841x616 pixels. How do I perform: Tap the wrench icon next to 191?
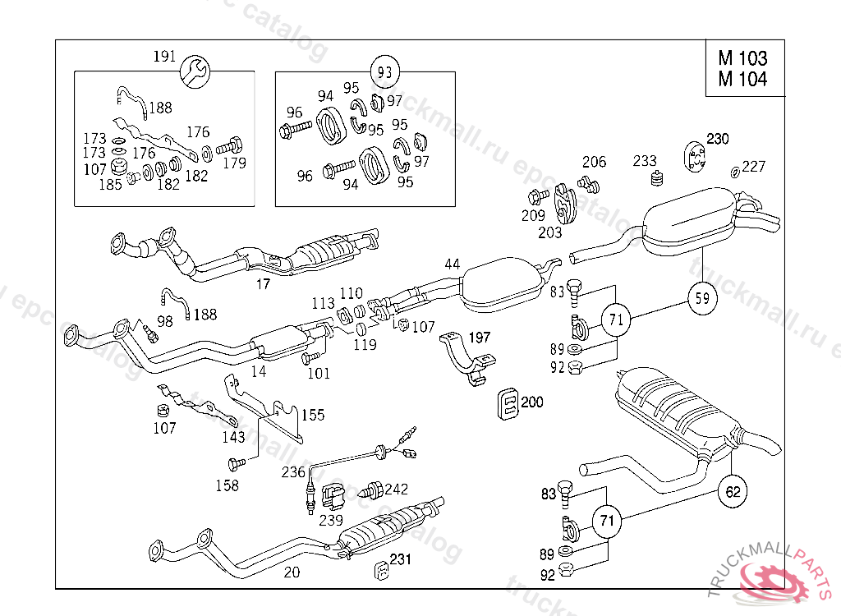194,71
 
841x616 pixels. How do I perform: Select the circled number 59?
701,299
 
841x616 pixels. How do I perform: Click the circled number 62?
733,492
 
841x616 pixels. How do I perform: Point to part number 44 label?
453,264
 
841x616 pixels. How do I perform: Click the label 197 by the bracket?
479,338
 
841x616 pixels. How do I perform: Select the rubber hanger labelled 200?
509,404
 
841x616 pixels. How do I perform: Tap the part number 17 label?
262,285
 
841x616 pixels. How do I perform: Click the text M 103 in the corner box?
742,58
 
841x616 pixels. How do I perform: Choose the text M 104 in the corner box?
742,80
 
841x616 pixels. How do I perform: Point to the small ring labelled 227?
733,172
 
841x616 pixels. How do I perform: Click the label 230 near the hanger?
717,139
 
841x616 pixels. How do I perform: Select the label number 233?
645,161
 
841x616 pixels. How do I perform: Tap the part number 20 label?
292,573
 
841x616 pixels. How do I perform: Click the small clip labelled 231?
382,569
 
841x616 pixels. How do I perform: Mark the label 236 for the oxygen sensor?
293,472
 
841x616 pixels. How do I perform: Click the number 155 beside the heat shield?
312,415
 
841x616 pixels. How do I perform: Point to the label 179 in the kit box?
234,163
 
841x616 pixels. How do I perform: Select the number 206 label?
595,162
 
